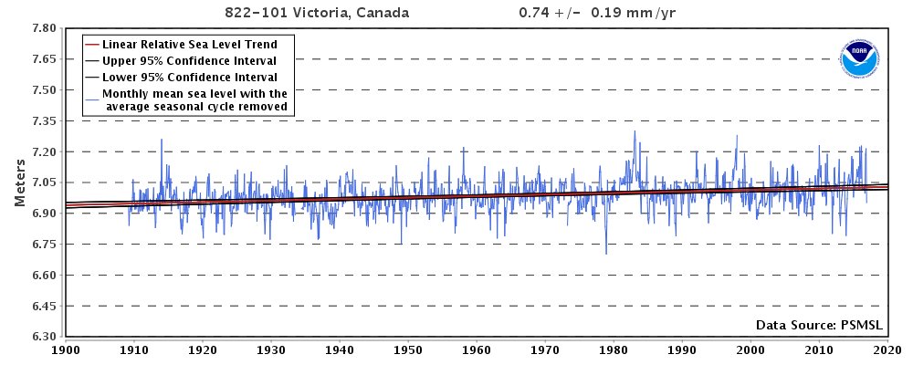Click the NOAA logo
pos(857,58)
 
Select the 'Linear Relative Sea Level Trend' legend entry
pos(190,44)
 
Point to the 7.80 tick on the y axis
pos(45,28)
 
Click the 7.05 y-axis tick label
pos(45,182)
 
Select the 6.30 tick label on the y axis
pos(45,337)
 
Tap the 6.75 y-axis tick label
pos(45,245)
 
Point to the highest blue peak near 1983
pos(635,131)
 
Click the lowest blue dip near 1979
pos(606,253)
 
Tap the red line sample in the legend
pos(91,44)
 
